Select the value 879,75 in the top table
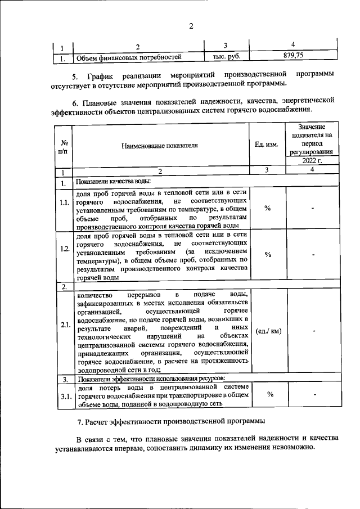click(292, 56)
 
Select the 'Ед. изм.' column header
click(267, 145)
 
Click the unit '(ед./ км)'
click(267, 331)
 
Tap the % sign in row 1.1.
click(267, 209)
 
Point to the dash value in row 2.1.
click(310, 331)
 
